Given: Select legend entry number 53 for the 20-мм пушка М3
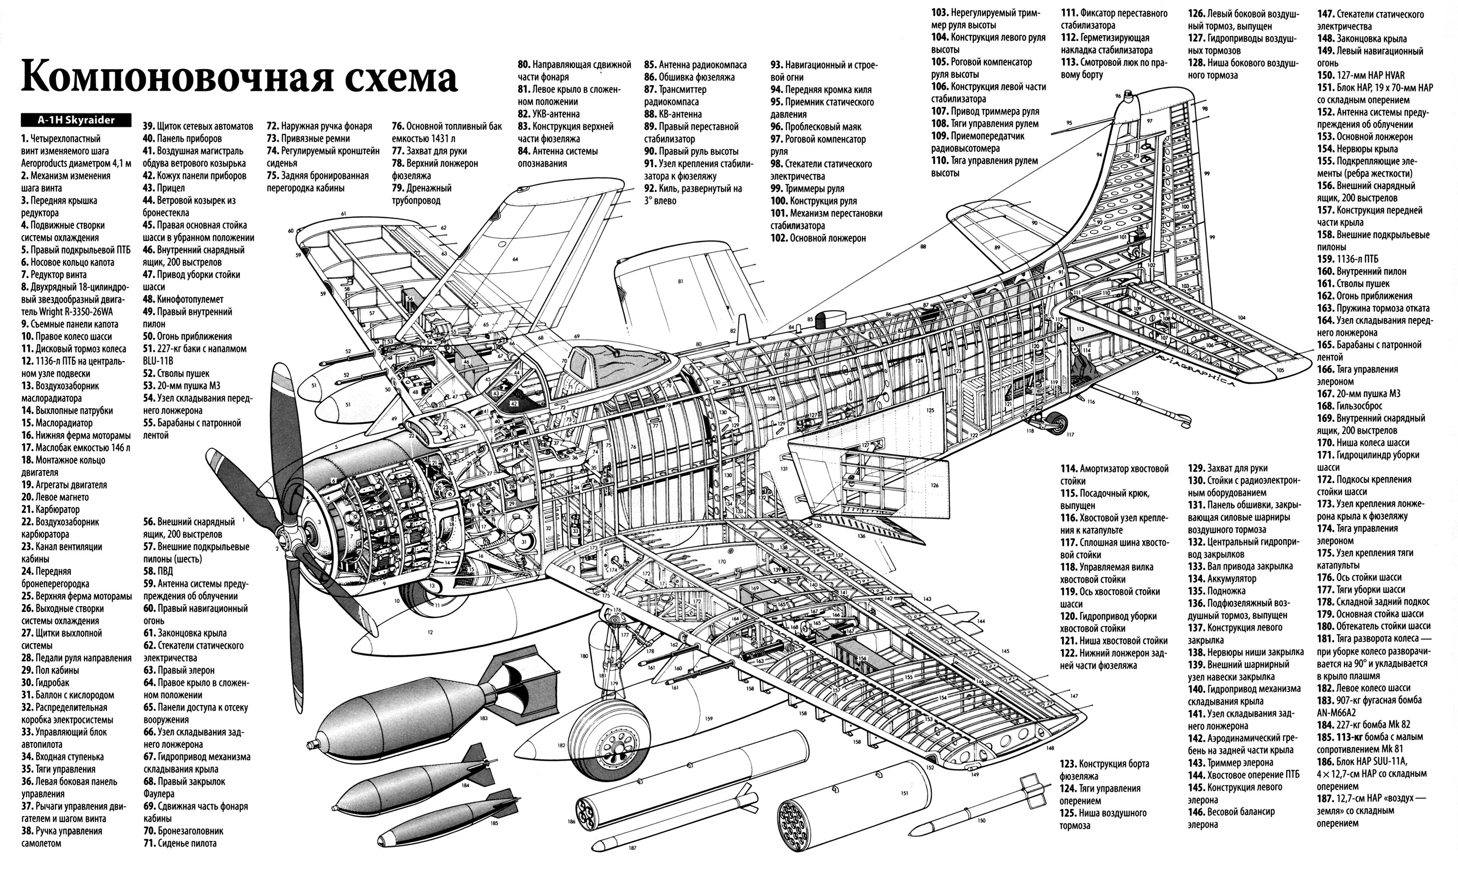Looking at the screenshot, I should point(182,385).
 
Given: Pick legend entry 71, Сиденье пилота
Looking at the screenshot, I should point(180,843).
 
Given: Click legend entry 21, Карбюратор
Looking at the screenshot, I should point(50,509).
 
